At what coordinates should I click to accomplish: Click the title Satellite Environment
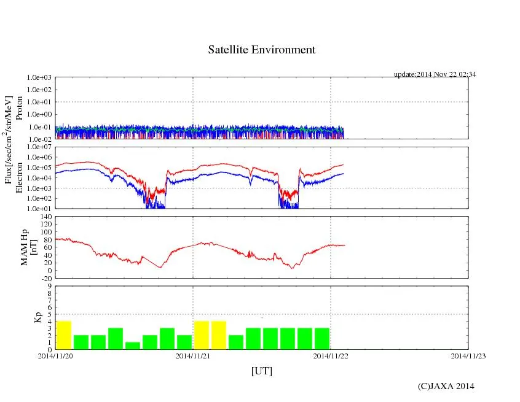click(x=261, y=50)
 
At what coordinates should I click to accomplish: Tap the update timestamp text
click(x=435, y=74)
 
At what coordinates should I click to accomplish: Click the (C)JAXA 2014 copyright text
click(x=446, y=386)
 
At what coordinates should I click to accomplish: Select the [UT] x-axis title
click(x=261, y=371)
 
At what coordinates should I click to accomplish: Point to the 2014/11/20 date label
click(x=55, y=355)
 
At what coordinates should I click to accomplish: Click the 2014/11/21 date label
click(x=193, y=355)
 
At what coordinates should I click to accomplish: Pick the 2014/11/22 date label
click(x=331, y=355)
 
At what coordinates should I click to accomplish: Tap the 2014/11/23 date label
click(x=468, y=355)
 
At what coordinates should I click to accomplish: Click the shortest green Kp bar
click(x=133, y=346)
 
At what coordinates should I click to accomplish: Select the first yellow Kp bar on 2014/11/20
click(x=64, y=335)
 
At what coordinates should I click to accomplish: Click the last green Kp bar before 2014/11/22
click(x=322, y=339)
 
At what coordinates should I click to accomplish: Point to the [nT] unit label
click(x=34, y=247)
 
